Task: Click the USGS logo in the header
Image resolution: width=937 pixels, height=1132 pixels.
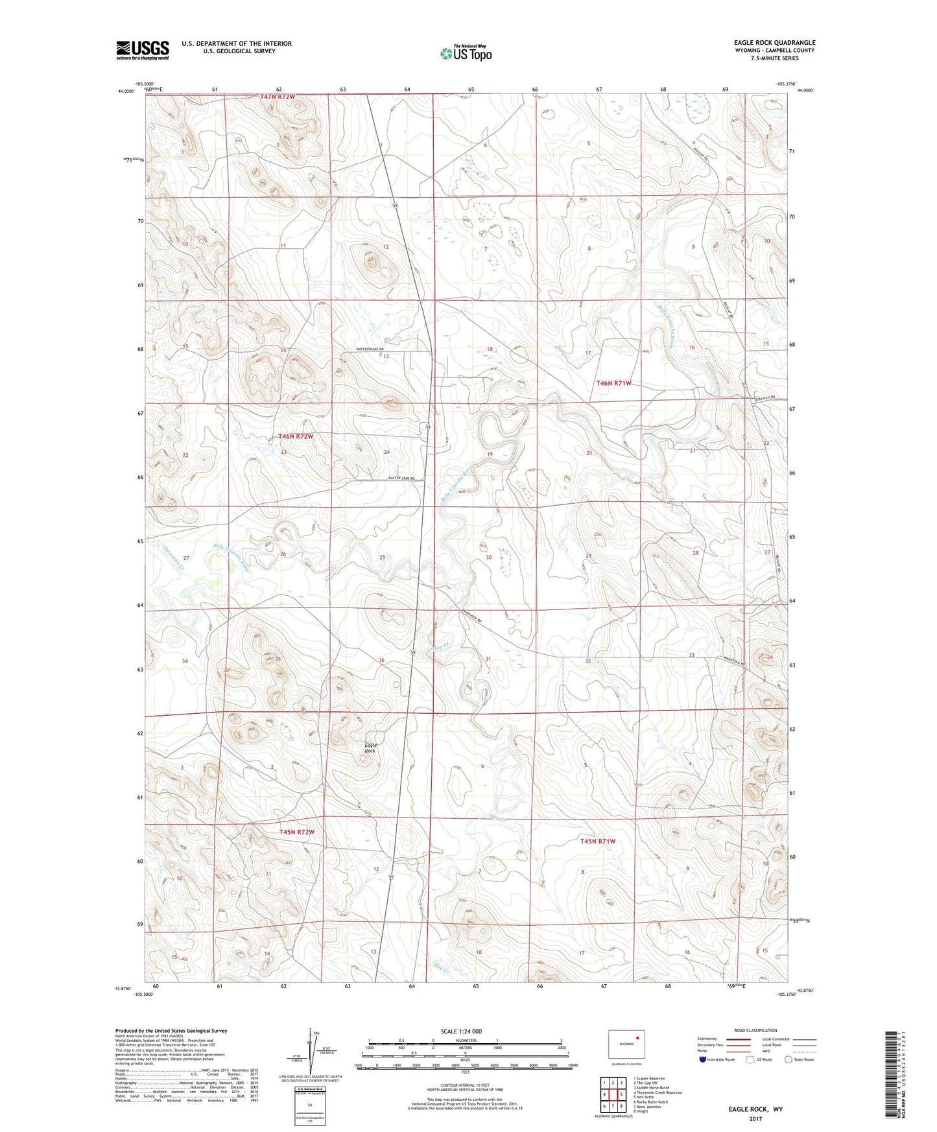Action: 143,50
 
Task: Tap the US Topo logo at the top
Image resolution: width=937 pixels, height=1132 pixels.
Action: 466,54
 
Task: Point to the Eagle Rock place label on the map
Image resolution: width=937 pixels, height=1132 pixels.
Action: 370,748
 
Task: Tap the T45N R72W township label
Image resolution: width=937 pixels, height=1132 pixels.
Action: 296,832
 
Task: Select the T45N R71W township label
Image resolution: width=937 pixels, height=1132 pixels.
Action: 597,841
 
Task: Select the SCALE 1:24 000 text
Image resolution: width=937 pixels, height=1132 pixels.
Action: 461,1032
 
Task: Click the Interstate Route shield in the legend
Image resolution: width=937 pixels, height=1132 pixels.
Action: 704,1059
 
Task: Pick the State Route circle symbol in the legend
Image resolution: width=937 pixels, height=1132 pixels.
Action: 789,1059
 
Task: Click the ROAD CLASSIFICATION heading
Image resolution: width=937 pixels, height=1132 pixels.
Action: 755,1030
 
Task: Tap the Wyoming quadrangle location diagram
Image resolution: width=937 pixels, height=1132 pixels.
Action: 626,1044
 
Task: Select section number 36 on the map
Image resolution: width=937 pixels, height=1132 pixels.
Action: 382,660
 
